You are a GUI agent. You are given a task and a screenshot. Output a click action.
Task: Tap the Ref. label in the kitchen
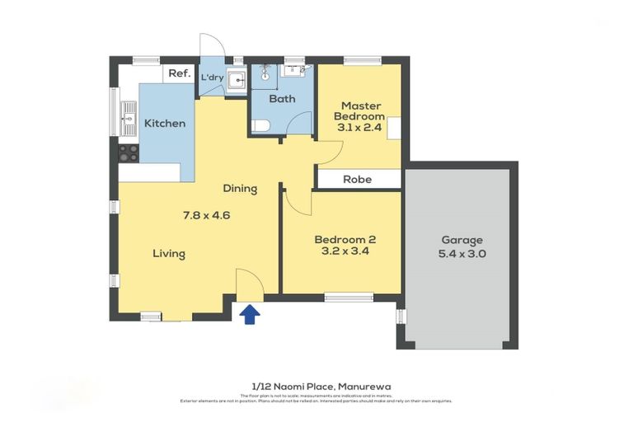point(179,73)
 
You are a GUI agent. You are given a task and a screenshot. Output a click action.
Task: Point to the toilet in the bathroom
point(260,126)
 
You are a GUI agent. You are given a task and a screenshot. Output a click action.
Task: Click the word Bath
point(283,99)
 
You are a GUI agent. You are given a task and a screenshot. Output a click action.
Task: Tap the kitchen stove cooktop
point(129,152)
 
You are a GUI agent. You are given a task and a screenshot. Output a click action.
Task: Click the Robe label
point(357,179)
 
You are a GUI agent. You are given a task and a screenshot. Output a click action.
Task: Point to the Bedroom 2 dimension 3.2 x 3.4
point(345,253)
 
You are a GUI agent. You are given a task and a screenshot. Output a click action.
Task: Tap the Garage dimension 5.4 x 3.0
point(462,254)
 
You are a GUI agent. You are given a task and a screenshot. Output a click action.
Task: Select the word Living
point(168,254)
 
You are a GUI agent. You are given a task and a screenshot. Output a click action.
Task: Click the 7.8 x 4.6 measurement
point(206,216)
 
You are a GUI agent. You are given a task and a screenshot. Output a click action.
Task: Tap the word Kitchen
point(165,124)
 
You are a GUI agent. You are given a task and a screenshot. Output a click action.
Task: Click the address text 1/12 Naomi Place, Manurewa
point(316,386)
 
